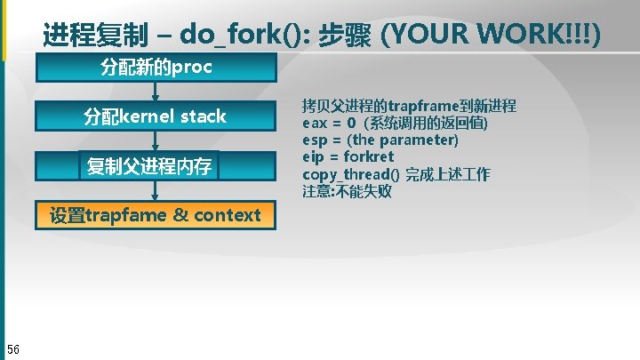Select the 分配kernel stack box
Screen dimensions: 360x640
[x=156, y=116]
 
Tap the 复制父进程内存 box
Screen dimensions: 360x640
[x=148, y=165]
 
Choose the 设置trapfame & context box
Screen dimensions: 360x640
[x=156, y=214]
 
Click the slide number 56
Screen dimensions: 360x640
[x=13, y=347]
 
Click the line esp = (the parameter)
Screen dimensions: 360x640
[x=380, y=140]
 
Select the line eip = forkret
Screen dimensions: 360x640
[x=348, y=156]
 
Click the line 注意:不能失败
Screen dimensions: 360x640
[x=347, y=191]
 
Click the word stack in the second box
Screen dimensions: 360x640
[x=204, y=116]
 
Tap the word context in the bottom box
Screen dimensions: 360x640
[x=227, y=214]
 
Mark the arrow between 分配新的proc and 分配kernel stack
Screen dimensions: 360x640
[x=156, y=92]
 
